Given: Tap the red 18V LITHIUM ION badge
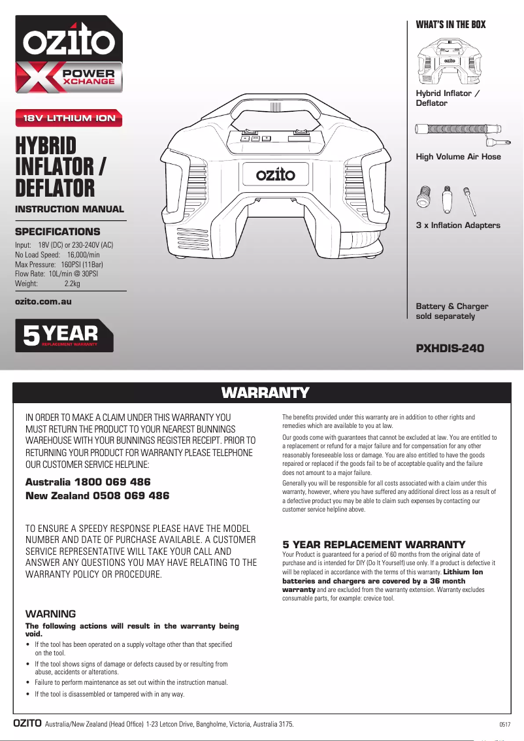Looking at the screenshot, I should click(69, 118).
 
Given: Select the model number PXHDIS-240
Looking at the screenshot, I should click(450, 348).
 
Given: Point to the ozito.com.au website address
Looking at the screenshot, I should click(43, 301).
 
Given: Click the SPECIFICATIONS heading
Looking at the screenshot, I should click(57, 232).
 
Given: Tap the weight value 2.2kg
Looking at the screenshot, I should click(73, 284).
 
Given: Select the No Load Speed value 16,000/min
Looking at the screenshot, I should click(84, 254).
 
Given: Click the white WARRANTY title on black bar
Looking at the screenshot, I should click(265, 393).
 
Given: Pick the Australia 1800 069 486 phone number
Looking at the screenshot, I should click(88, 482).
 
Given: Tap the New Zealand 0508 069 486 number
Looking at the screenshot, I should click(97, 496).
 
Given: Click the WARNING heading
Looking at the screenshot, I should click(50, 614).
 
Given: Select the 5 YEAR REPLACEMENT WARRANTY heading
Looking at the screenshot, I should click(374, 544).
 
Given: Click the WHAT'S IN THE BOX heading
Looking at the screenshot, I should click(451, 25).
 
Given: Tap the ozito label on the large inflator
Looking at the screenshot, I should click(275, 174).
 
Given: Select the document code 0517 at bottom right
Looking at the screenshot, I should click(504, 725).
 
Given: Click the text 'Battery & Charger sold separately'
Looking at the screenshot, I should click(452, 311).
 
